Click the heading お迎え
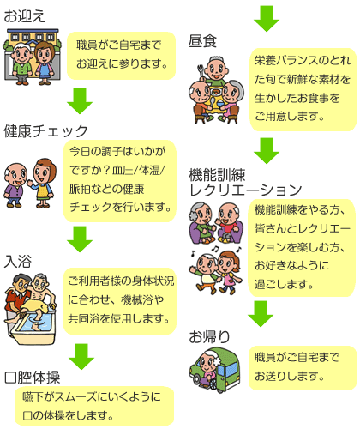point(25,16)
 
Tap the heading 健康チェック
point(45,131)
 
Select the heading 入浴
point(18,261)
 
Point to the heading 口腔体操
point(32,378)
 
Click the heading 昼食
point(202,41)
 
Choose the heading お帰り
point(209,336)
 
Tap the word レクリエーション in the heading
point(245,190)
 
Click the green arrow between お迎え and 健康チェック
point(80,101)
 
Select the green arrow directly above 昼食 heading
point(267,19)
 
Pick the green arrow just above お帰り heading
point(261,314)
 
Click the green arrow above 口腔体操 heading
point(81,357)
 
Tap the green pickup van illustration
point(215,369)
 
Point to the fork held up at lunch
point(201,70)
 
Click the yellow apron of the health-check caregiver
point(42,191)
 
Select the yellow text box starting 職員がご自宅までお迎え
point(121,56)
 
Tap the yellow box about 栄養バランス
point(303,89)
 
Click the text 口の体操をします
point(68,415)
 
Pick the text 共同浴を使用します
point(118,318)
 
